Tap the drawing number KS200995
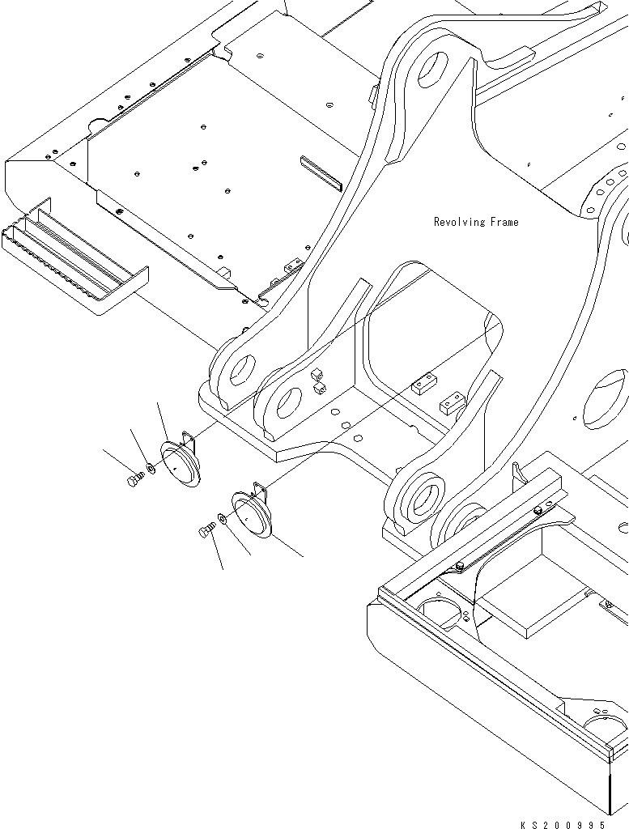click(x=563, y=824)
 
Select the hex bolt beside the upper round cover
click(x=134, y=481)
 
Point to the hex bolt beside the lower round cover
click(x=205, y=531)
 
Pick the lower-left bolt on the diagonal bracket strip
click(x=459, y=565)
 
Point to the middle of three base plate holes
click(x=346, y=425)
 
